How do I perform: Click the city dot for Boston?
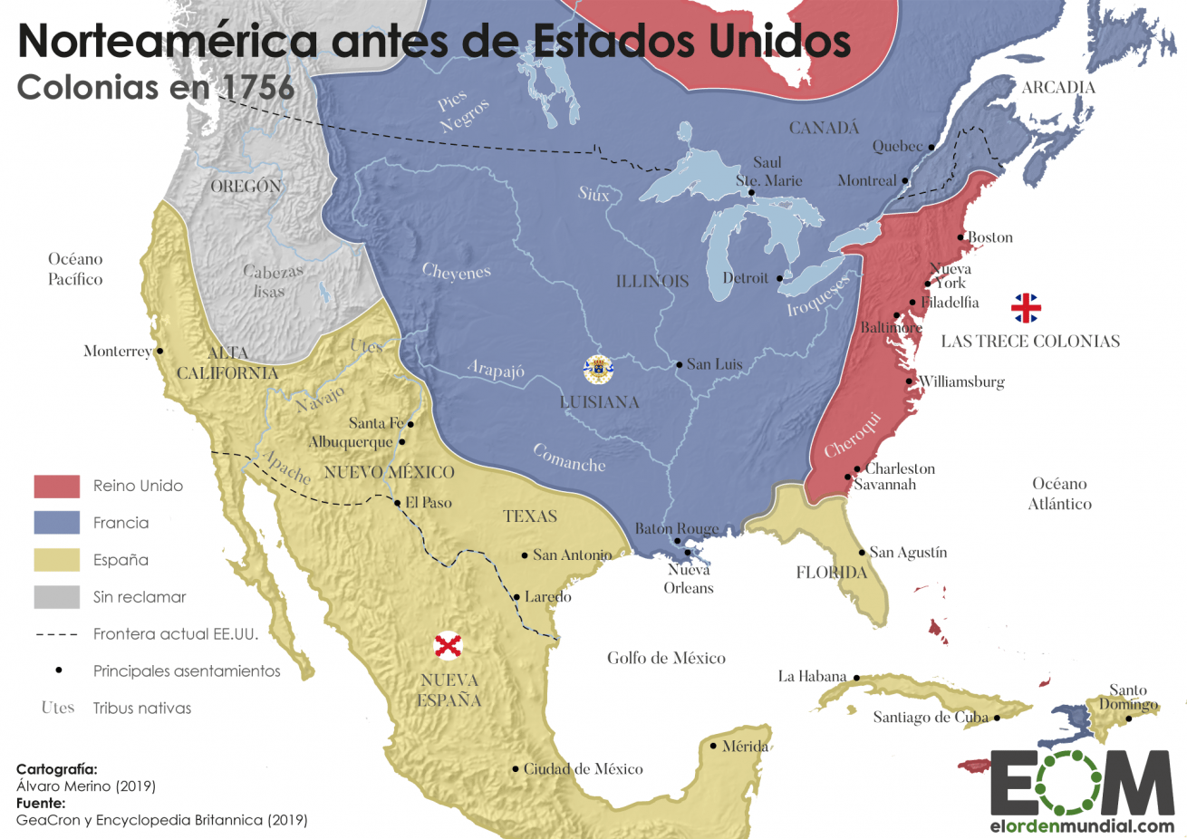click(x=962, y=237)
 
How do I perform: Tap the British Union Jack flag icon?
click(x=1026, y=308)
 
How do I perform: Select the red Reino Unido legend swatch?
click(x=57, y=487)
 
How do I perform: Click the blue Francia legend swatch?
click(x=57, y=523)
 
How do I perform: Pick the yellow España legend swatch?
click(x=57, y=560)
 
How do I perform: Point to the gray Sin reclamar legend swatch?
click(x=57, y=597)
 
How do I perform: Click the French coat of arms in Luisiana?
click(x=598, y=370)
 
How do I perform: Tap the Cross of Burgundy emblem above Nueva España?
click(x=448, y=646)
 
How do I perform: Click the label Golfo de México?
click(x=666, y=659)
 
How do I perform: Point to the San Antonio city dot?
click(x=525, y=555)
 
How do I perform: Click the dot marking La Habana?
click(x=856, y=678)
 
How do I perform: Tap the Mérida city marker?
click(x=714, y=747)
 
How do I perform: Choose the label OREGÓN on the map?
click(x=246, y=187)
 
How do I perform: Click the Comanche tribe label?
click(x=569, y=458)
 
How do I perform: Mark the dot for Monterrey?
click(x=160, y=351)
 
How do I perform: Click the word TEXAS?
click(x=530, y=516)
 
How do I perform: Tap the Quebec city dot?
click(x=931, y=147)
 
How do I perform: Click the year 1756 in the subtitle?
click(x=258, y=87)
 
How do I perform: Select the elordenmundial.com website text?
click(x=1082, y=826)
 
